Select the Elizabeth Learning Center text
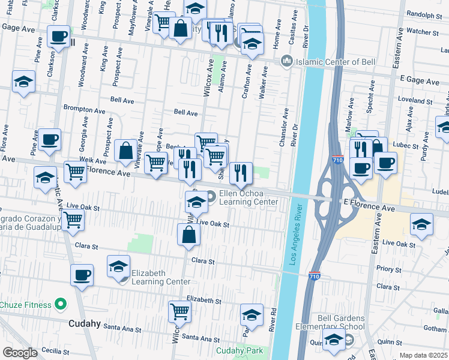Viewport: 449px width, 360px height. click(x=148, y=277)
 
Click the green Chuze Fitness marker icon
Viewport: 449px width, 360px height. click(x=59, y=305)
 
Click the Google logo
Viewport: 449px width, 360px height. click(x=19, y=353)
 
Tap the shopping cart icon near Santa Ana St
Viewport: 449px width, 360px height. click(x=180, y=311)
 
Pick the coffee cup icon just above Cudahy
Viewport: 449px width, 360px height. click(x=82, y=275)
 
